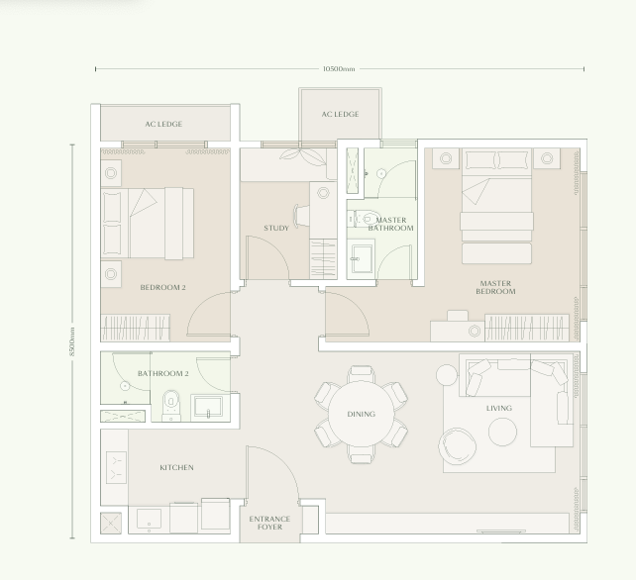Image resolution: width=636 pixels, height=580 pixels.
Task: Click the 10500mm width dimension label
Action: click(x=339, y=69)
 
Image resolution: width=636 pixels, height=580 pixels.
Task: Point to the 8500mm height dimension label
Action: click(x=72, y=342)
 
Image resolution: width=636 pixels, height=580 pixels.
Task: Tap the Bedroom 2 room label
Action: click(x=162, y=288)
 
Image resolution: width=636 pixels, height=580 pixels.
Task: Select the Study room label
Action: click(x=276, y=229)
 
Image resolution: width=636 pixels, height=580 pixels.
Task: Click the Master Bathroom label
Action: click(x=391, y=224)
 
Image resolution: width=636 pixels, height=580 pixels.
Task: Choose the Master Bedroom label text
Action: click(x=495, y=288)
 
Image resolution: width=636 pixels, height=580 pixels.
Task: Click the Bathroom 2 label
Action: click(x=162, y=373)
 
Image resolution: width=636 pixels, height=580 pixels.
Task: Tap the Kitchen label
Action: click(x=176, y=467)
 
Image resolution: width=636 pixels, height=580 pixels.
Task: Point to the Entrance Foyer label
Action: click(x=269, y=523)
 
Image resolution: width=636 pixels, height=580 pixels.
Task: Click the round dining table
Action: click(x=361, y=414)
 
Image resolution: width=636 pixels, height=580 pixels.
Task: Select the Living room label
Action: click(x=499, y=408)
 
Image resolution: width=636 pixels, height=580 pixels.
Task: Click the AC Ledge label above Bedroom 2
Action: click(x=163, y=124)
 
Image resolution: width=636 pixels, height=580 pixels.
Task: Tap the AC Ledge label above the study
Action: click(x=340, y=115)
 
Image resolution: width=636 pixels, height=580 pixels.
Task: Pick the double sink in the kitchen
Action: click(x=116, y=466)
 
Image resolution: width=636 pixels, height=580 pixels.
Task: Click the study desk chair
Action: click(x=302, y=215)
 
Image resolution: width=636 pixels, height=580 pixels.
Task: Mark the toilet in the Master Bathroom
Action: click(x=368, y=220)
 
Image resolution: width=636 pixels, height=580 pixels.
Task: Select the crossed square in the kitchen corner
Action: click(x=111, y=522)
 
